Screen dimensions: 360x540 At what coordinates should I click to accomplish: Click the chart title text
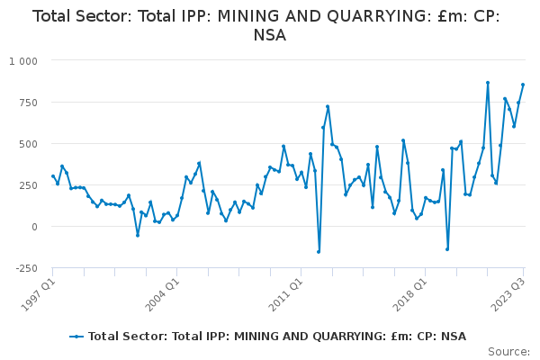(270, 25)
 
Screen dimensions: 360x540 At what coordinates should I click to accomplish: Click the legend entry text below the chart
(277, 337)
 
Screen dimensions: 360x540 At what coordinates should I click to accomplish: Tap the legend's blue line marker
(76, 337)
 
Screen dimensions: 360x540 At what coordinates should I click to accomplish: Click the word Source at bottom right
(508, 352)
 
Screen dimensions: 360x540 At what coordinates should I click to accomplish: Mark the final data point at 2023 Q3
(523, 85)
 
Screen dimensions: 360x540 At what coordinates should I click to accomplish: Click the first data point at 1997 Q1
(53, 176)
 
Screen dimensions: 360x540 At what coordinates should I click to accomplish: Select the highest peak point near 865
(488, 83)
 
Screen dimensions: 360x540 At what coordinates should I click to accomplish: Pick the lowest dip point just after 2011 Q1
(319, 251)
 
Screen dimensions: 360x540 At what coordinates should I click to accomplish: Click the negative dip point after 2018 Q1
(447, 249)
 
